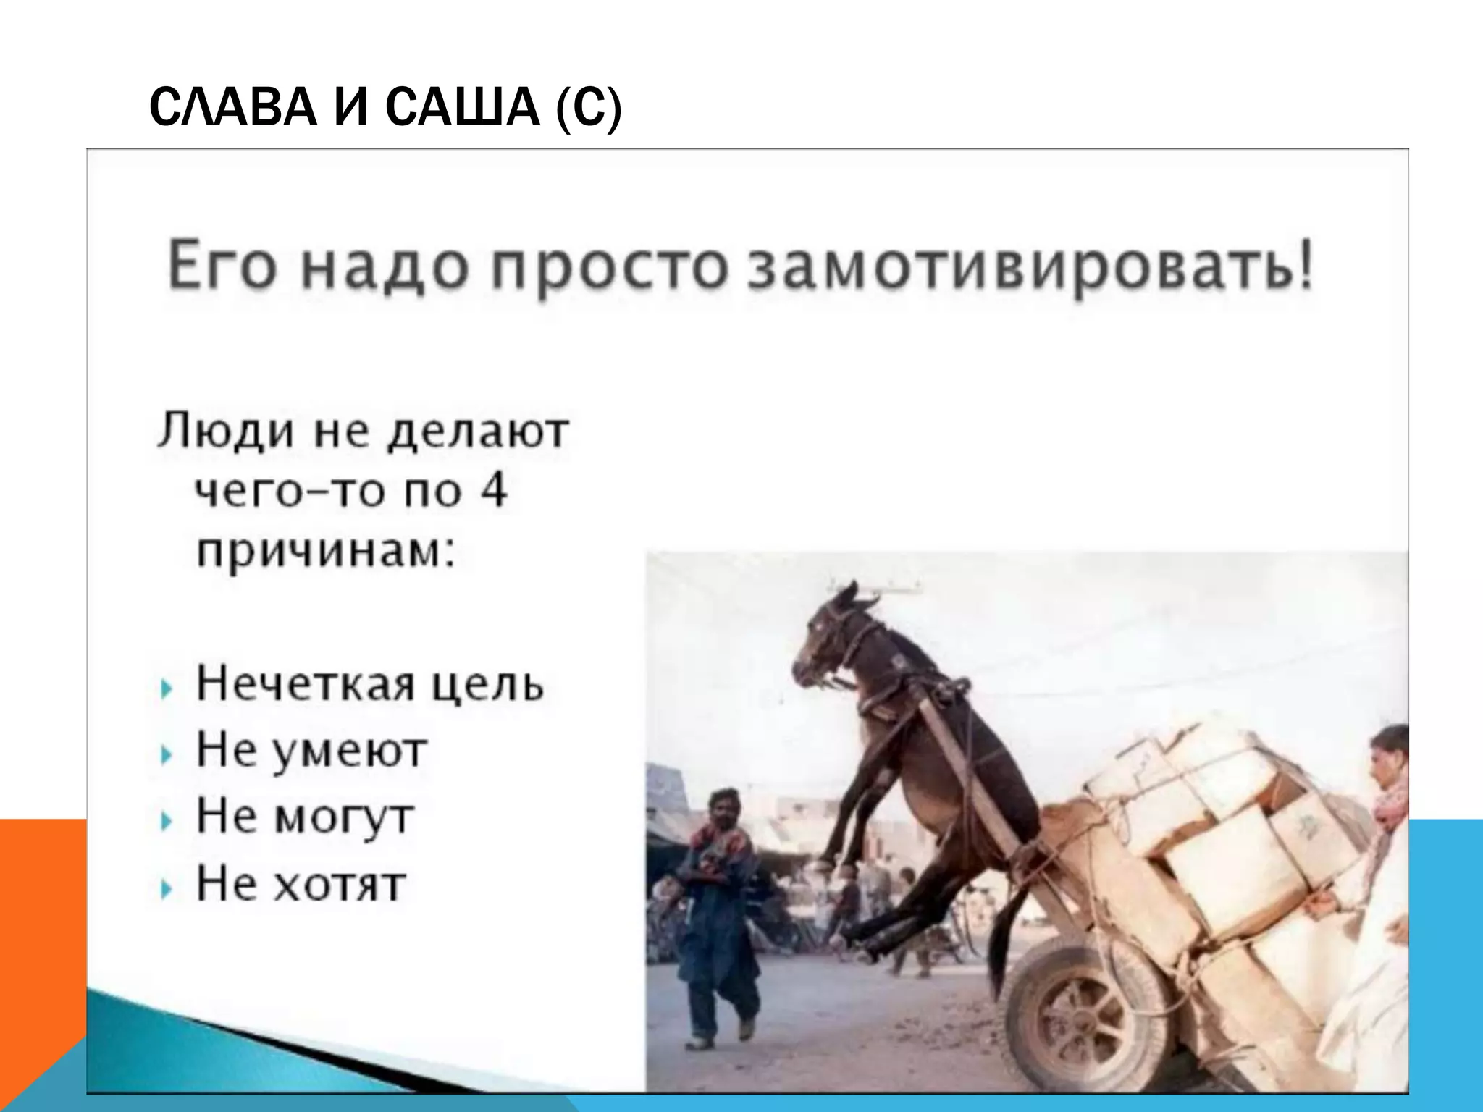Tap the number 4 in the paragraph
click(x=492, y=491)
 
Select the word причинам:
click(x=326, y=554)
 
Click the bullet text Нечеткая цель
click(x=369, y=683)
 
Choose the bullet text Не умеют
click(x=311, y=751)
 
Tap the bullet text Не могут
click(x=304, y=817)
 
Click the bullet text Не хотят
click(x=301, y=883)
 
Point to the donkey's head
click(x=833, y=637)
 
